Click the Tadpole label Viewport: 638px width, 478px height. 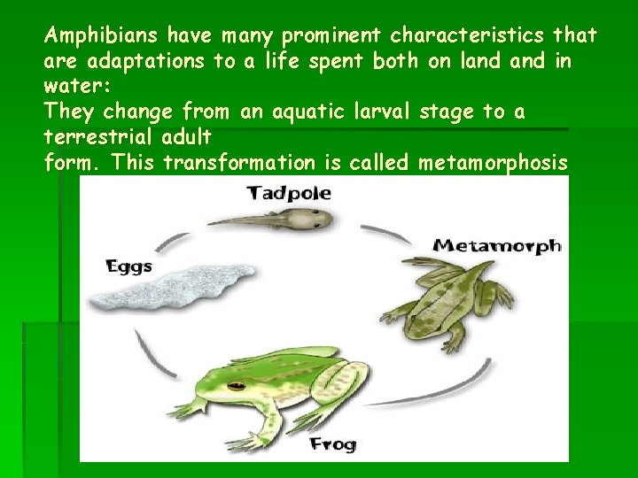[x=289, y=192]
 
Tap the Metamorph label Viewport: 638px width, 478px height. [x=496, y=245]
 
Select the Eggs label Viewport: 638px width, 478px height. [x=129, y=266]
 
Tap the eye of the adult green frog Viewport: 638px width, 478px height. [x=236, y=386]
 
